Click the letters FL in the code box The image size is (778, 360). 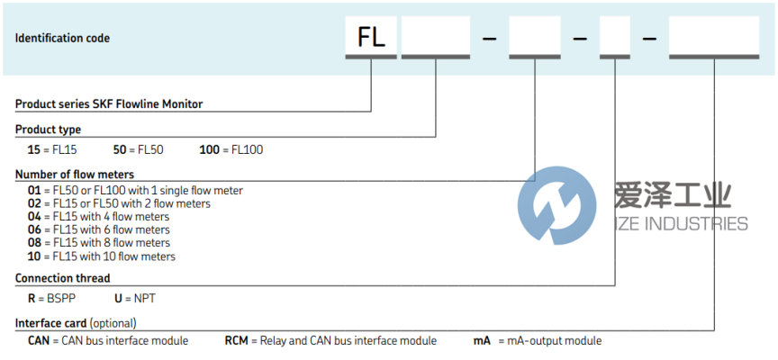click(x=371, y=39)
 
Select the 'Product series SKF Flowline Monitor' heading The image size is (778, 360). click(x=109, y=104)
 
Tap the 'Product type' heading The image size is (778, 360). click(x=48, y=130)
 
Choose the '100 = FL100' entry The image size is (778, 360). click(x=231, y=149)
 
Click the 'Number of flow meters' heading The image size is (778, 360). click(x=75, y=174)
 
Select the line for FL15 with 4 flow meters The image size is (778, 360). click(x=99, y=217)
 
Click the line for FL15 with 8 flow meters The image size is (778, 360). click(x=99, y=243)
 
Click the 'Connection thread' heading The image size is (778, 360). click(x=63, y=279)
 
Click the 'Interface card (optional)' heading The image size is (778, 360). click(x=76, y=322)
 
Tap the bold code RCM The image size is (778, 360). click(x=237, y=341)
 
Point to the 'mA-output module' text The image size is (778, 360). click(x=554, y=341)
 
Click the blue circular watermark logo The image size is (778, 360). click(x=556, y=206)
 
